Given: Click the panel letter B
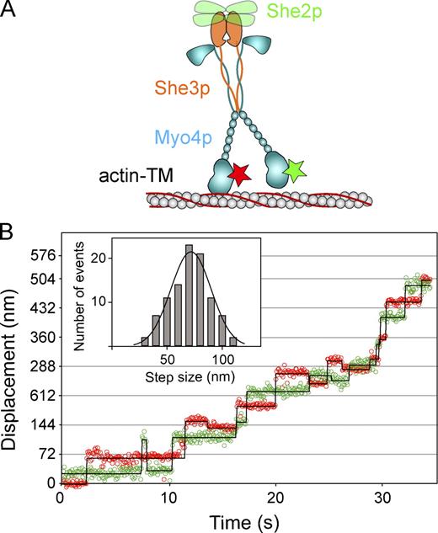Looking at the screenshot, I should [10, 227].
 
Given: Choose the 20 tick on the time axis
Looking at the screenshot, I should [275, 498].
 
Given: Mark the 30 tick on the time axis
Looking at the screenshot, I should [383, 498].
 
